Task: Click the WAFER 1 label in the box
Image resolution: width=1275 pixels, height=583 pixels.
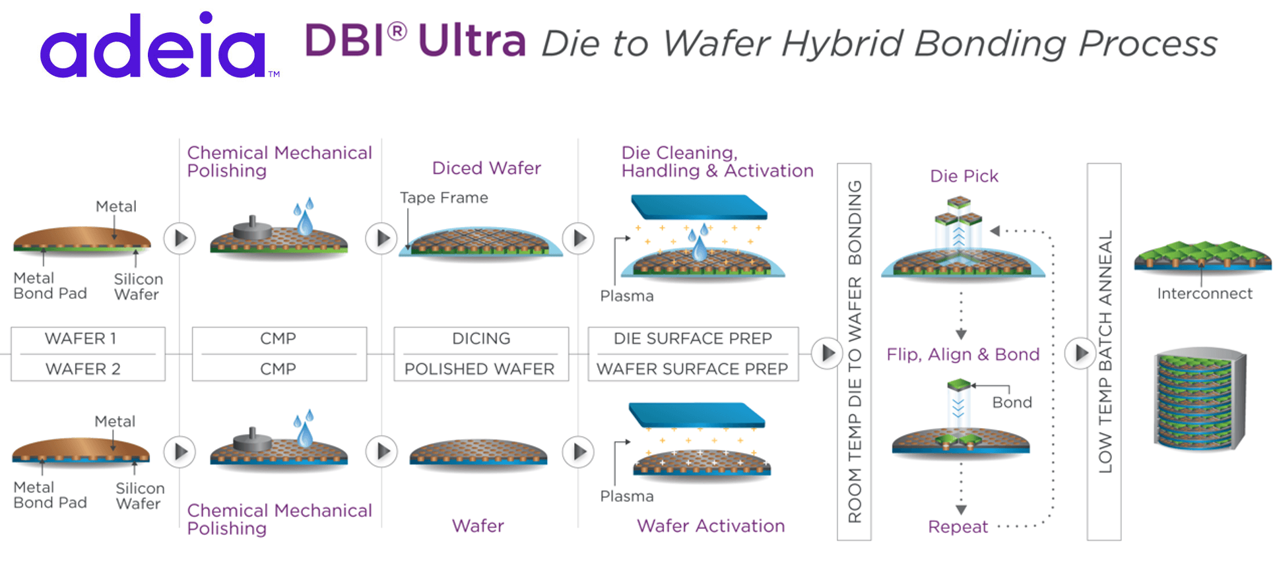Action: tap(81, 338)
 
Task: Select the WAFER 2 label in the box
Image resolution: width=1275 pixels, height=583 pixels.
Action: tap(82, 369)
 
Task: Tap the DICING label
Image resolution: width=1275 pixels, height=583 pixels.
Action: tap(481, 338)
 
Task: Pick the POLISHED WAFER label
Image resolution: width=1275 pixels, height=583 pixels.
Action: tap(480, 369)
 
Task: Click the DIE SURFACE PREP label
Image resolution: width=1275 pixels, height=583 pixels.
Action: tap(692, 338)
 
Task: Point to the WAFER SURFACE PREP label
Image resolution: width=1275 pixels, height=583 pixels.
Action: tap(692, 369)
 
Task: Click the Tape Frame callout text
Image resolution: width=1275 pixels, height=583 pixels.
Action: tap(444, 197)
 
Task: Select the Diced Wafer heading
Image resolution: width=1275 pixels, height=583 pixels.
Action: tap(486, 168)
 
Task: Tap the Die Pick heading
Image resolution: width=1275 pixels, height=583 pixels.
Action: tap(964, 176)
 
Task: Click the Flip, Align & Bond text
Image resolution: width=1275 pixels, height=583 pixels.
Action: tap(963, 354)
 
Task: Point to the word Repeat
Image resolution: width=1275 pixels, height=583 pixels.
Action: tap(958, 526)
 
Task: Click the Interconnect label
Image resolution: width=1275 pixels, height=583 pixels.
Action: tap(1204, 293)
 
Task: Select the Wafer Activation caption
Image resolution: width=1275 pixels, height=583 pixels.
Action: tap(711, 526)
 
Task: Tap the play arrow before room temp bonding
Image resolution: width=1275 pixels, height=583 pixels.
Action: tap(827, 353)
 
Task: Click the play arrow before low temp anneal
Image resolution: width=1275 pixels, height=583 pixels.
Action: tap(1081, 353)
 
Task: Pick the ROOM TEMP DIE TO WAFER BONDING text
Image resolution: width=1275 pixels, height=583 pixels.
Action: tap(855, 352)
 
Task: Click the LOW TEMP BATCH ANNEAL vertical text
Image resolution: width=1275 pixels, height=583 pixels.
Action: tap(1105, 352)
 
